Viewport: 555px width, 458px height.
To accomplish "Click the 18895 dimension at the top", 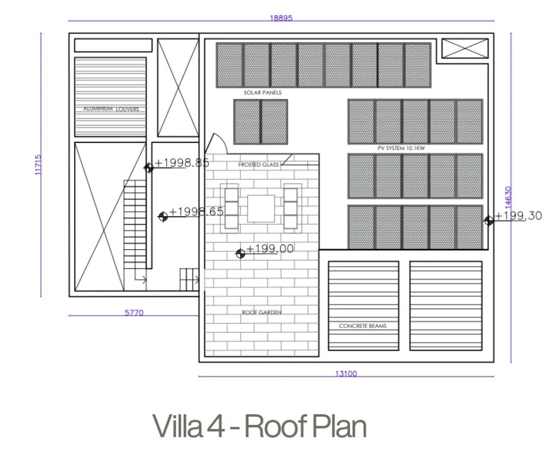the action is (281, 18).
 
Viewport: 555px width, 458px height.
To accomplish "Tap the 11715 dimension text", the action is (38, 164).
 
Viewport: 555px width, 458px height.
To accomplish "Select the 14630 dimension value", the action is (508, 196).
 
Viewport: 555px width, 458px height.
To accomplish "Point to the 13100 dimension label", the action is (346, 373).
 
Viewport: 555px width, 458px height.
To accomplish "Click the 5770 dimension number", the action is (134, 313).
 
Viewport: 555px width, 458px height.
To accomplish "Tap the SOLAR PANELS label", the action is (263, 93).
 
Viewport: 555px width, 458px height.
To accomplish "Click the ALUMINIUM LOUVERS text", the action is (111, 109).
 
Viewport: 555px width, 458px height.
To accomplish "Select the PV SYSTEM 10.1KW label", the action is (401, 149).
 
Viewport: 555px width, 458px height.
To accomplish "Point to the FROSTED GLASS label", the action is (259, 165).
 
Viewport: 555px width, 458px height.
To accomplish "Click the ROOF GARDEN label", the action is (262, 312).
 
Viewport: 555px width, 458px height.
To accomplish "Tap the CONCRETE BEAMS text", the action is (363, 326).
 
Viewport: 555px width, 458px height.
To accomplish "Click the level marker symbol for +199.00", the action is (240, 254).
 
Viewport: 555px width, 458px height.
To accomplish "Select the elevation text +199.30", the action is (518, 216).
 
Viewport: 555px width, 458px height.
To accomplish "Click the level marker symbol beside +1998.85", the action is (149, 168).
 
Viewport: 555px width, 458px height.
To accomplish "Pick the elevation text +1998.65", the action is (196, 212).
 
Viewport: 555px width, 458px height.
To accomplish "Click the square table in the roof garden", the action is (261, 209).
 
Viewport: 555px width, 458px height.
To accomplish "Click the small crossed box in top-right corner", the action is (465, 48).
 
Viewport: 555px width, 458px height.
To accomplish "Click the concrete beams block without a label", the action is (446, 306).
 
